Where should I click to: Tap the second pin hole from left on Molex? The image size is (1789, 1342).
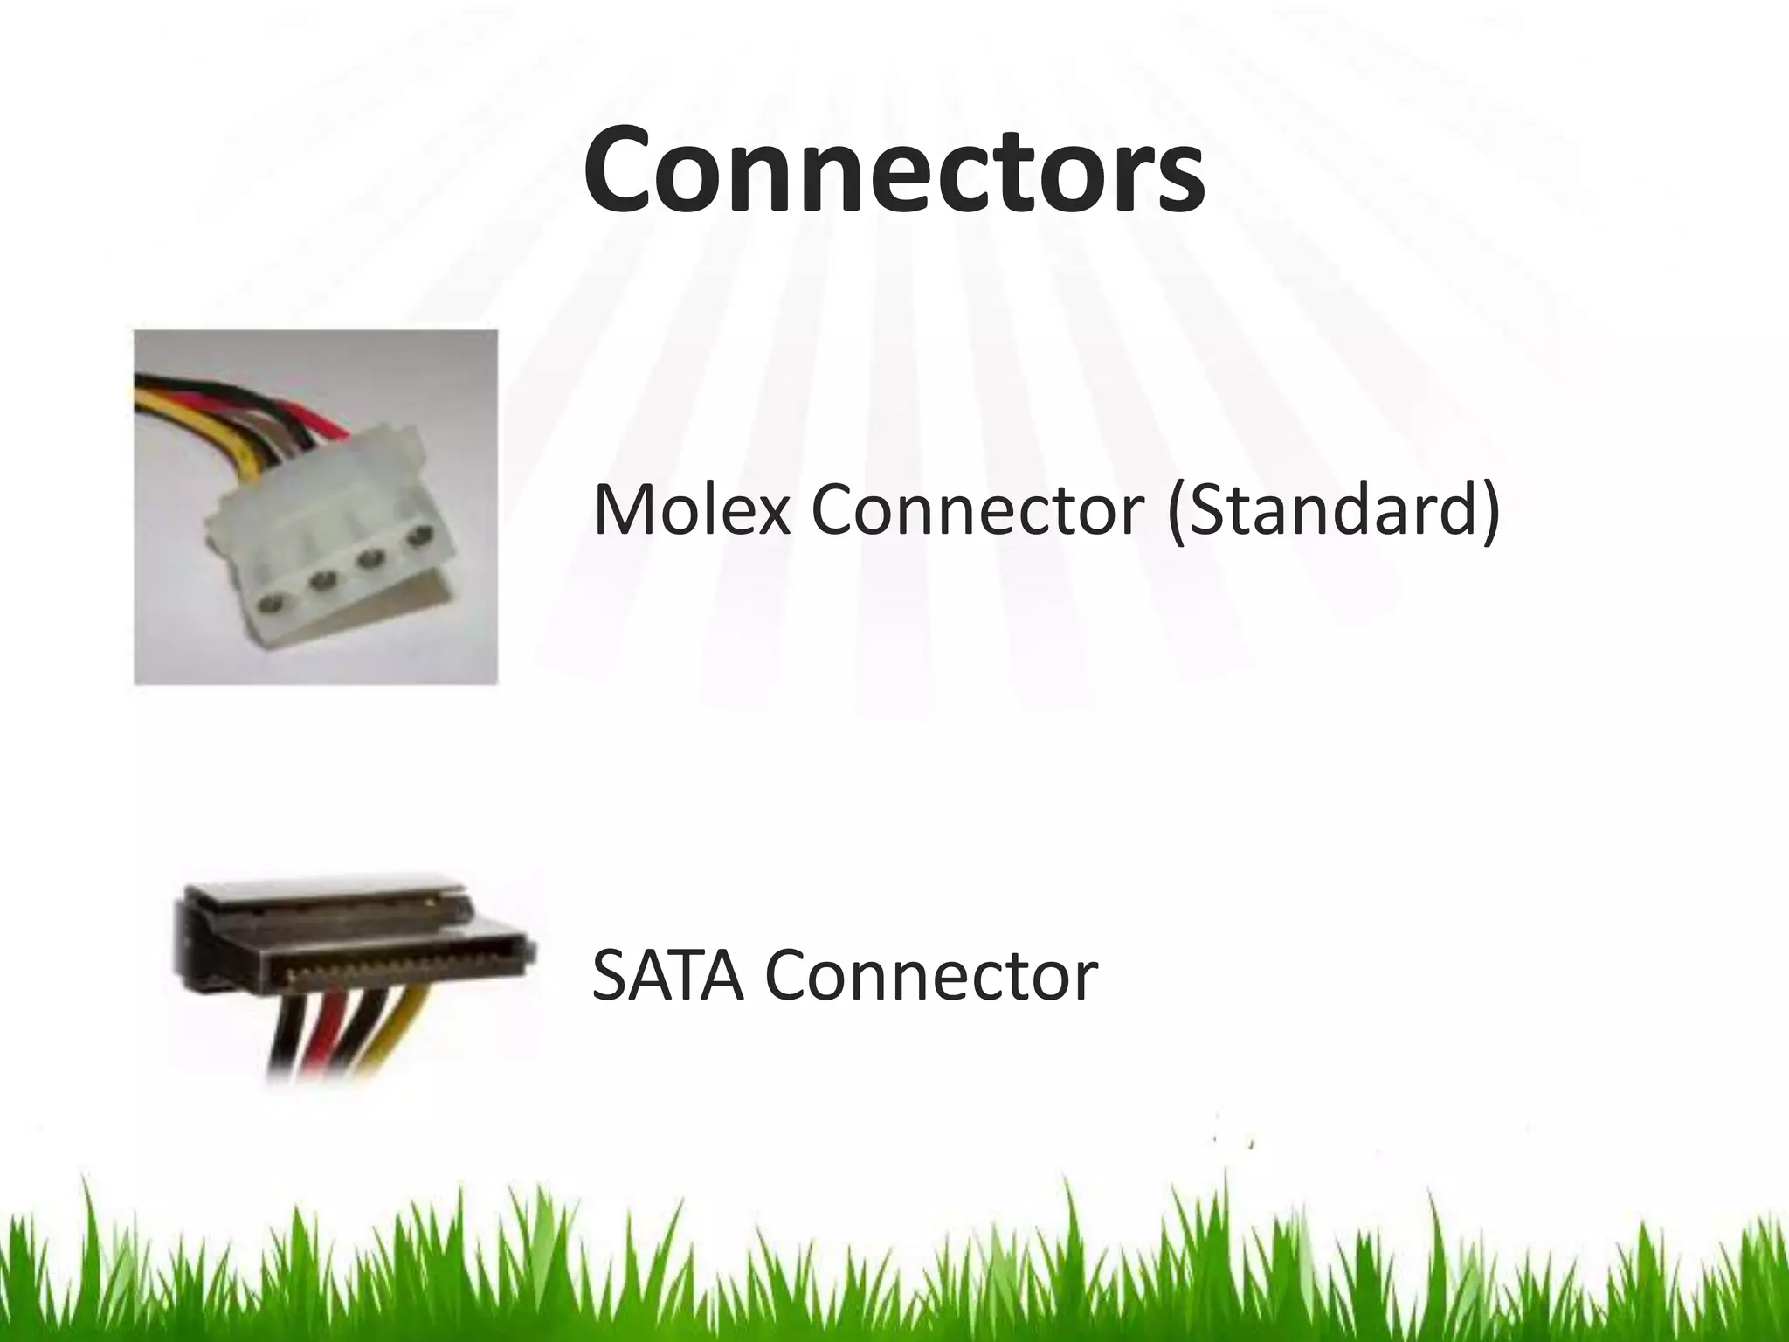[323, 578]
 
